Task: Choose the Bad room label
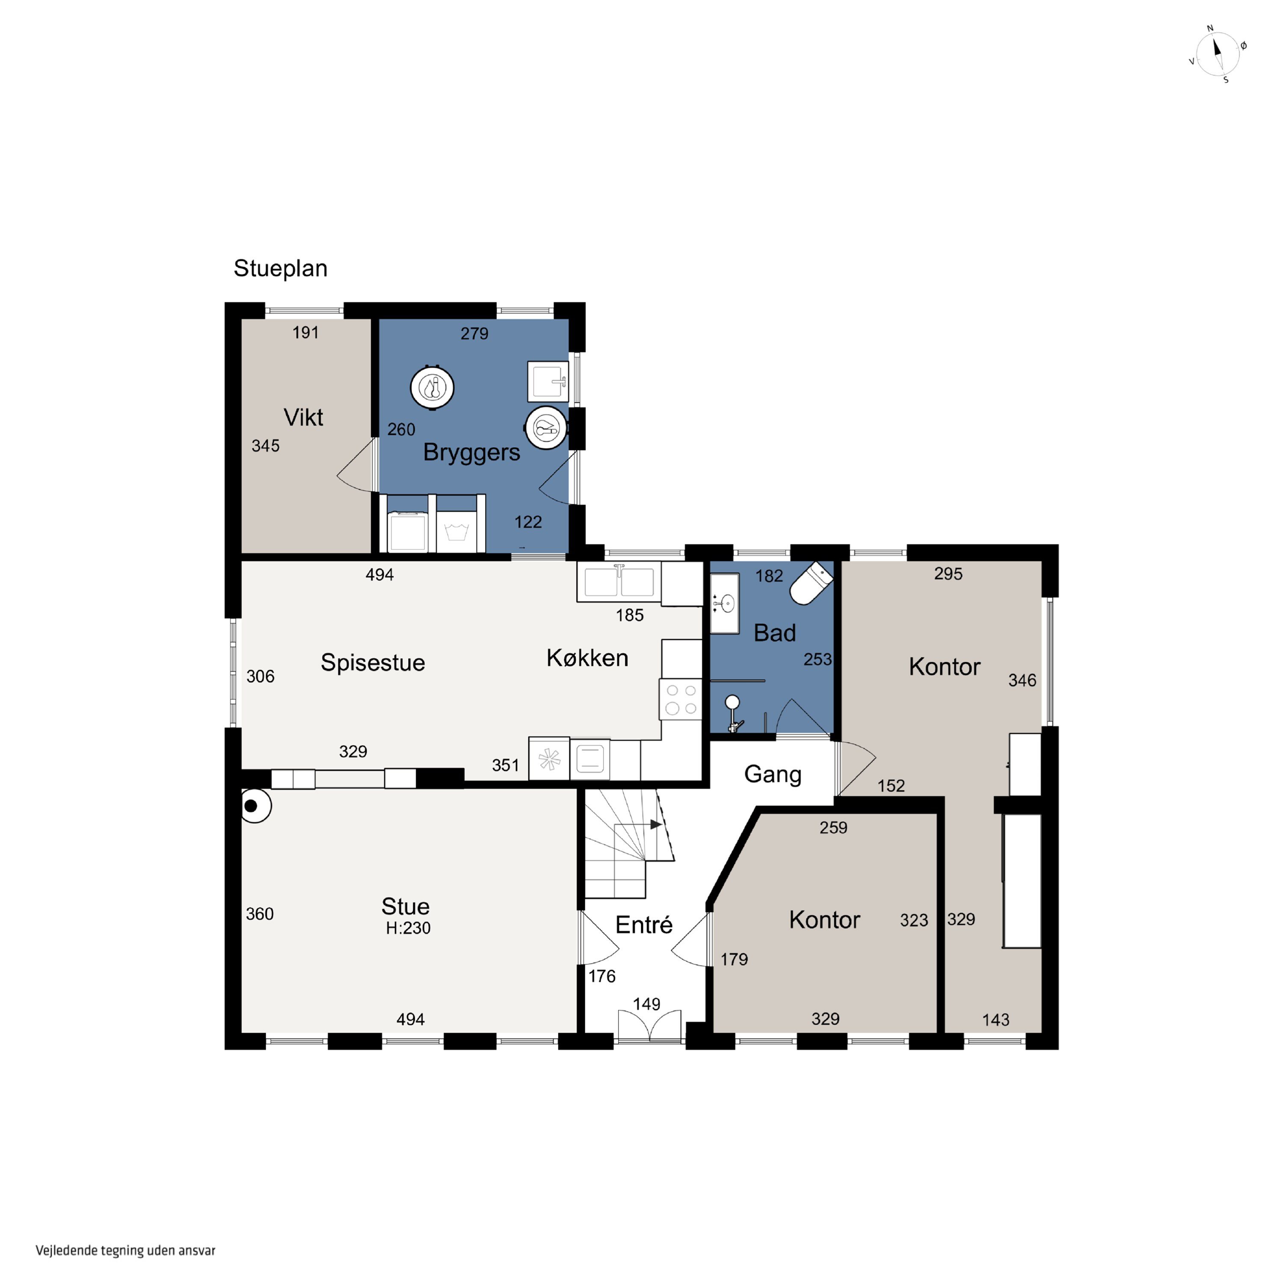775,633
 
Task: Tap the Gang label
773,775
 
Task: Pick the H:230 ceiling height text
408,928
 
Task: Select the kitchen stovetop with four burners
680,699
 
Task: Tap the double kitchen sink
619,582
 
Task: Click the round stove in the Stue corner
255,806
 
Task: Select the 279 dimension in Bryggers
474,334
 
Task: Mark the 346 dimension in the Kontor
1022,680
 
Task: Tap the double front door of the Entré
649,1024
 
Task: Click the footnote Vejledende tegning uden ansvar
126,1250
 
